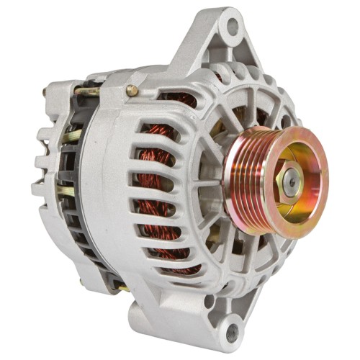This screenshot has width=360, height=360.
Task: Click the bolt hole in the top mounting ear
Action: click(x=232, y=27)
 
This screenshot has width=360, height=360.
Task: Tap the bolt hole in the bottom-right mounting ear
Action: click(x=232, y=333)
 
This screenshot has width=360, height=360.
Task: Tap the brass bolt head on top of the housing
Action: click(x=132, y=91)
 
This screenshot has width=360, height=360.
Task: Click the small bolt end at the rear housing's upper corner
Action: click(x=45, y=92)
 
